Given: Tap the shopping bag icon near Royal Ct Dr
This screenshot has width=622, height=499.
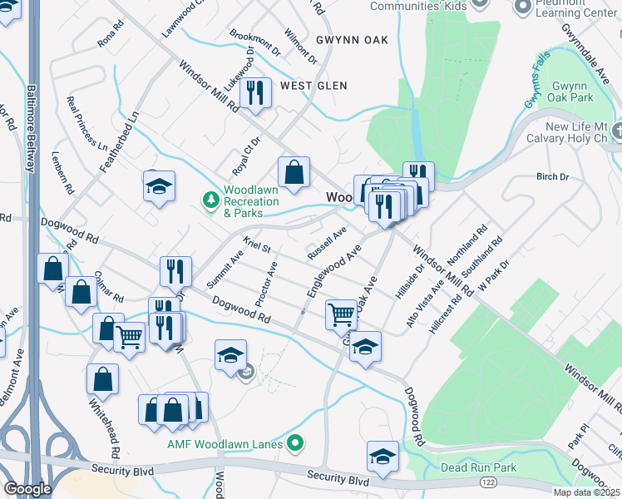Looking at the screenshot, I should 294,173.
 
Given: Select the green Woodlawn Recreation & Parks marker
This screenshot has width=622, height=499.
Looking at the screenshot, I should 210,200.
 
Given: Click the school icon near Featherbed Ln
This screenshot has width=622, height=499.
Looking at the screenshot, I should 159,186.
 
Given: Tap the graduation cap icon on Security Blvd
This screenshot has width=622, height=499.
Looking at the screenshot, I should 382,457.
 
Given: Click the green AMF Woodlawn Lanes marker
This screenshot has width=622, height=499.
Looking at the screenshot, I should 293,444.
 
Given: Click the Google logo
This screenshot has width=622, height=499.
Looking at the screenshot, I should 28,489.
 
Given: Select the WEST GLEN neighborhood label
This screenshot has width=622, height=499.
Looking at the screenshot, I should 313,86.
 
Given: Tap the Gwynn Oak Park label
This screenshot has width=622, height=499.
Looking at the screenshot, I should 573,91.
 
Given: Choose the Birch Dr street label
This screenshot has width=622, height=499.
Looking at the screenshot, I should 552,177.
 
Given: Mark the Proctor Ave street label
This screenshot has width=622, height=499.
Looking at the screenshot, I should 267,284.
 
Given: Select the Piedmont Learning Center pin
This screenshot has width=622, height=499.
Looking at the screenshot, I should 523,7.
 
